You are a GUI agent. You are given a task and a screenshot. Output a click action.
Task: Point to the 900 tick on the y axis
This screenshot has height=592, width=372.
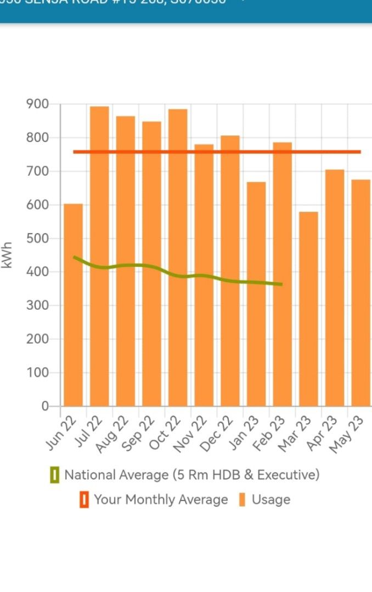coord(38,104)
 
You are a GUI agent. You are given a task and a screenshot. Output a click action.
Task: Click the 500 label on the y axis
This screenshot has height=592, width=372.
coord(38,238)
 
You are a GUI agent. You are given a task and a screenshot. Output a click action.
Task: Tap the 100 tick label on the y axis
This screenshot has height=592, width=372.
coord(38,373)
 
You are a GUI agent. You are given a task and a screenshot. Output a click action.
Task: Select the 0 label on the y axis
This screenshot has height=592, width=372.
coord(46,406)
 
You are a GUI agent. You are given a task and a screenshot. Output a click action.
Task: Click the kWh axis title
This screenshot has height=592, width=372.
coord(8,255)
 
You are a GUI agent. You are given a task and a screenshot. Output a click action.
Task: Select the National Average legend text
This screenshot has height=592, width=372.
coord(191,475)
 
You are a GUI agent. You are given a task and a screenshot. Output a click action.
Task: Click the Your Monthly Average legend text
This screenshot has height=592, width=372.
coord(161,499)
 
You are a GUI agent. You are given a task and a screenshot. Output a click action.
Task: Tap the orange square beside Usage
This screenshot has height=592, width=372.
coord(243,500)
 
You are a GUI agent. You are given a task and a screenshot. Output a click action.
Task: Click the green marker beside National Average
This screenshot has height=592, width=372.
coord(54,475)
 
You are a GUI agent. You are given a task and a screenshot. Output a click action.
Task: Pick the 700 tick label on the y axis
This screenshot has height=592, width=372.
coord(38,172)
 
